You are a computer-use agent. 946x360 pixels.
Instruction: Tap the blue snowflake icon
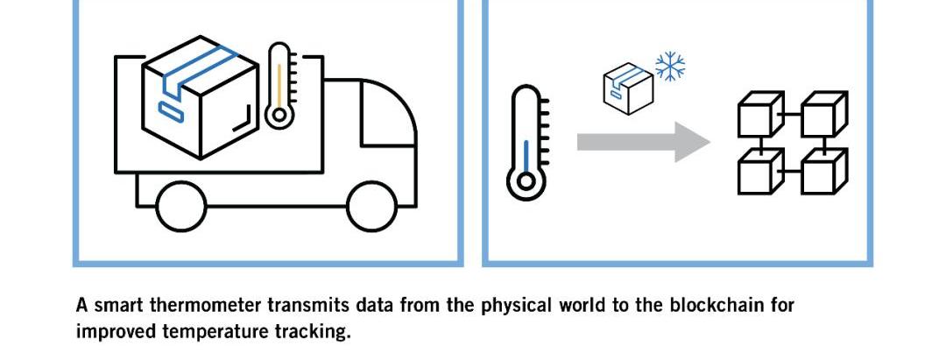coord(669,67)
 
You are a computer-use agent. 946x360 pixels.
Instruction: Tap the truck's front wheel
coord(372,206)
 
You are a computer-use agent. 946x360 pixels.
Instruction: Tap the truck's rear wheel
coord(181,206)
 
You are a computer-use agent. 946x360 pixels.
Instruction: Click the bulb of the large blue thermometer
coord(526,182)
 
